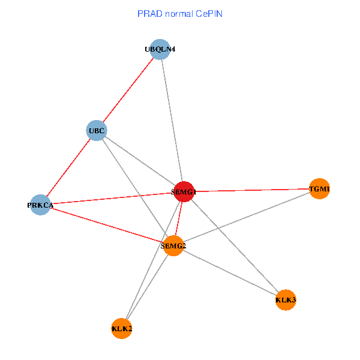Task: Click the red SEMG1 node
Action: [184, 192]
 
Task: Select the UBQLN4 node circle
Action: [160, 50]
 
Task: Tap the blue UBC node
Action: [97, 130]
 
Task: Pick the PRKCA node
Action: [40, 205]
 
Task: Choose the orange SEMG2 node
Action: [173, 245]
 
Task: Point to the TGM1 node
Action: [319, 189]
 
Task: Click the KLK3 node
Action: [286, 299]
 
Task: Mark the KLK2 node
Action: [122, 328]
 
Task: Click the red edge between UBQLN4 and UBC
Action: [128, 90]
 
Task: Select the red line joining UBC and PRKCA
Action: [68, 168]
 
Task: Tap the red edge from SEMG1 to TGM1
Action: [252, 190]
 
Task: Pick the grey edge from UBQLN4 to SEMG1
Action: [172, 121]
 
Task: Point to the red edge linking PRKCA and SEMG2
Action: [107, 225]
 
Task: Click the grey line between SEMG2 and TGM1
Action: [246, 217]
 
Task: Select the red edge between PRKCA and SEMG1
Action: [112, 199]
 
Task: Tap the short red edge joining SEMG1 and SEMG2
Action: [179, 218]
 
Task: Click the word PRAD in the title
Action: [148, 13]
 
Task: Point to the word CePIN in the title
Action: [208, 13]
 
